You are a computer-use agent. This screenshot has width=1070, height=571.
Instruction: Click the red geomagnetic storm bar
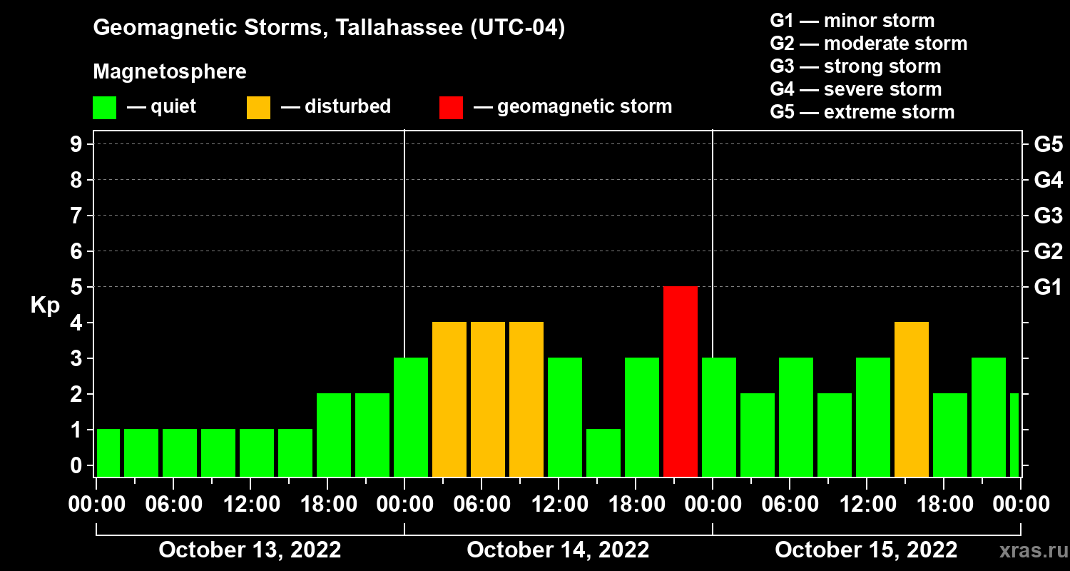[x=681, y=381]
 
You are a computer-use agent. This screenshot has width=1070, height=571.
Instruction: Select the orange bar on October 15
[x=912, y=399]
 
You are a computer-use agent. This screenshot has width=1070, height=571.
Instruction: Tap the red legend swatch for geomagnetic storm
[x=451, y=107]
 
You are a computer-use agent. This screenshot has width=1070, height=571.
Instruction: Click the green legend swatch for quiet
[x=104, y=107]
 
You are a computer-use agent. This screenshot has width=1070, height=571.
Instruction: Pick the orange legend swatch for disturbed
[x=258, y=107]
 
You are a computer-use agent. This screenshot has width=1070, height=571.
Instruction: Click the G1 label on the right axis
[x=1048, y=288]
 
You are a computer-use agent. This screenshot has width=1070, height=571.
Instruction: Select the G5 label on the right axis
[x=1048, y=145]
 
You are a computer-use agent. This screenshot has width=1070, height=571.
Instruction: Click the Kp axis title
[x=45, y=305]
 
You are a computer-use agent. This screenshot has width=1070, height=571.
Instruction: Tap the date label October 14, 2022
[x=558, y=550]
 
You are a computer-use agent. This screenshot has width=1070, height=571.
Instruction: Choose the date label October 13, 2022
[x=250, y=550]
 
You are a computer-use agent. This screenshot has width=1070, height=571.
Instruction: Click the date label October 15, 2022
[x=866, y=550]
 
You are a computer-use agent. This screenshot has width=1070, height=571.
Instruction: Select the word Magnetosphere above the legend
[x=170, y=72]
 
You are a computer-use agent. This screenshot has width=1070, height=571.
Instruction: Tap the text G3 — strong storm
[x=855, y=66]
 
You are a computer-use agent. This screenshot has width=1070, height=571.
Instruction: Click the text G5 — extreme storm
[x=862, y=112]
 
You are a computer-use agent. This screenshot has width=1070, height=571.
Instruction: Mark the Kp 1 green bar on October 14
[x=603, y=453]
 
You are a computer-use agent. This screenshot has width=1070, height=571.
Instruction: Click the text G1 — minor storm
[x=852, y=21]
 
